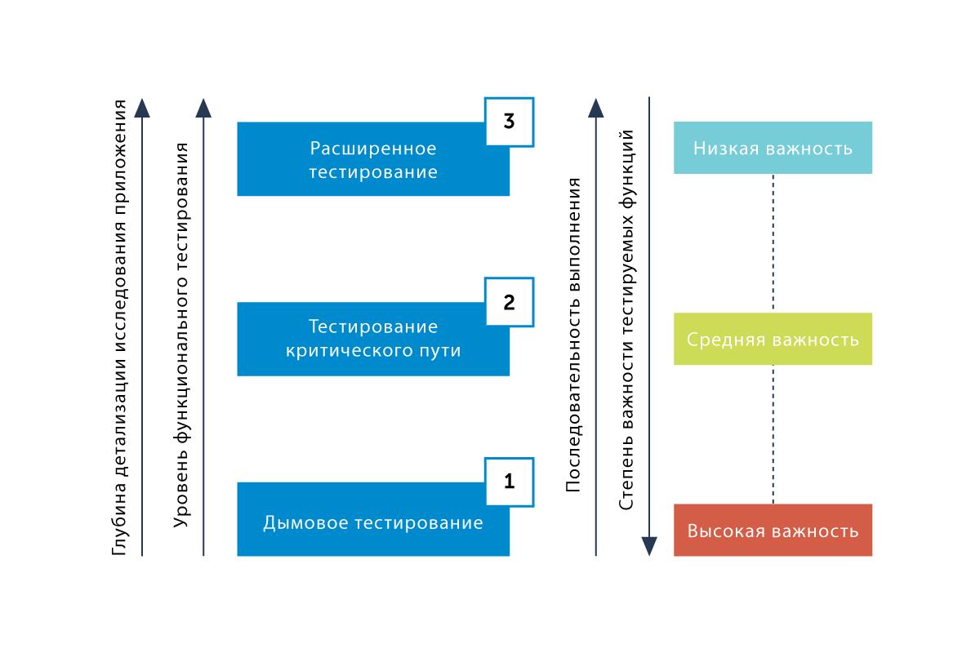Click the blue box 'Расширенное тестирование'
[x=373, y=160]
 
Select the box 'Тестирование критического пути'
[x=373, y=340]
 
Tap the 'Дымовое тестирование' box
[x=373, y=521]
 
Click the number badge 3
[x=509, y=122]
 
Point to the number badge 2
[x=509, y=303]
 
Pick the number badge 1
[x=509, y=482]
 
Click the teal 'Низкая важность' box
[x=773, y=148]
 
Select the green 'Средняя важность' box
[x=773, y=339]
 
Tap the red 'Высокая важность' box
[x=773, y=531]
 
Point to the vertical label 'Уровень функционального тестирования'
[x=182, y=334]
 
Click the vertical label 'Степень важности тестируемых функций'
[x=627, y=319]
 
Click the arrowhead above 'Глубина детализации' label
[x=142, y=107]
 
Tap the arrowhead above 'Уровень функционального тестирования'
[x=203, y=107]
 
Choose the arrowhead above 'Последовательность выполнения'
[x=595, y=107]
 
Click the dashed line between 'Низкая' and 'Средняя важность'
[x=773, y=243]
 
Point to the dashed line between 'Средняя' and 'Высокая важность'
[x=773, y=434]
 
